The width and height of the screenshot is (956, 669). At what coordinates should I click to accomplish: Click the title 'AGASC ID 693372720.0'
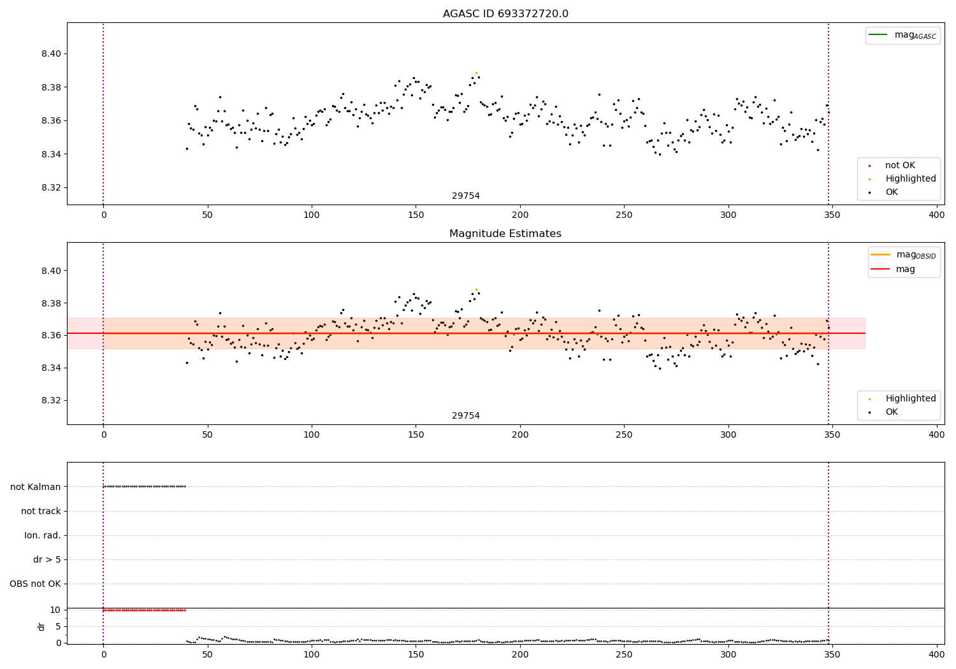tap(505, 14)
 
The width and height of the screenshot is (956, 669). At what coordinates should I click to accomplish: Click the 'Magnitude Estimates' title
tap(505, 234)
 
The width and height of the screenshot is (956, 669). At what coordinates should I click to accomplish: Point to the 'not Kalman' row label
tap(36, 487)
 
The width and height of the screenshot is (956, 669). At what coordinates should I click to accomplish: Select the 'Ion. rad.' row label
tap(43, 535)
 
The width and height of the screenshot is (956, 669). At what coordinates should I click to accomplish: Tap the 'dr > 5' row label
tap(47, 559)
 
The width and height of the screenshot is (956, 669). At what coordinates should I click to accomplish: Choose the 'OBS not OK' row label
tap(35, 584)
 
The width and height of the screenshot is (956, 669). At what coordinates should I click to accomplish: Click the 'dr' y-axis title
tap(41, 626)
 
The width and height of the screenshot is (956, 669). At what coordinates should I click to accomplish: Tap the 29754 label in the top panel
tap(466, 196)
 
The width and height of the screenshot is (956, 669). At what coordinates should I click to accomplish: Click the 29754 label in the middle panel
tap(466, 416)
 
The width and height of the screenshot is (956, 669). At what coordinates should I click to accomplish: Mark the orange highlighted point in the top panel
tap(476, 73)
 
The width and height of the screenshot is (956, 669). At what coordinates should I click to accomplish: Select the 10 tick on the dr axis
tap(55, 610)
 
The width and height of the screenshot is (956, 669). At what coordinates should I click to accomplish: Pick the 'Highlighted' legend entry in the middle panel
tap(910, 398)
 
